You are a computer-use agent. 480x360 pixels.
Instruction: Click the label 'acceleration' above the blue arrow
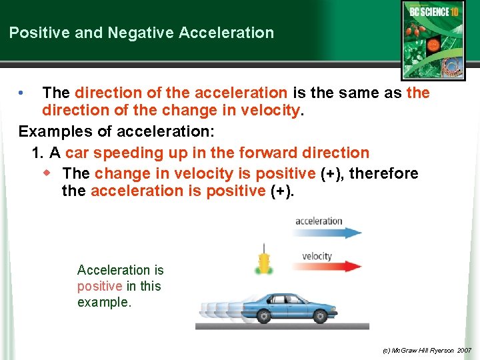(x=319, y=221)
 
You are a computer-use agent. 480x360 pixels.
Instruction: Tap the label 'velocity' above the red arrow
(x=317, y=256)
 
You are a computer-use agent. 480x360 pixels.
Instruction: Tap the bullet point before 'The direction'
(x=22, y=93)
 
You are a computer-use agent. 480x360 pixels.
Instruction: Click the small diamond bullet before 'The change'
(x=46, y=173)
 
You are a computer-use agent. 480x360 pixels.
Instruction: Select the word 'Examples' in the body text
(x=52, y=131)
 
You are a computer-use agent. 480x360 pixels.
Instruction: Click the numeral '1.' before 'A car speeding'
(x=38, y=153)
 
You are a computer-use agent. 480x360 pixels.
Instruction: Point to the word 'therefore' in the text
(x=384, y=173)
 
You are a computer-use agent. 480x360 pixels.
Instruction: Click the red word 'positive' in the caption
(x=99, y=286)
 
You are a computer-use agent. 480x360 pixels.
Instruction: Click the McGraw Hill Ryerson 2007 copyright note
(x=427, y=350)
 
